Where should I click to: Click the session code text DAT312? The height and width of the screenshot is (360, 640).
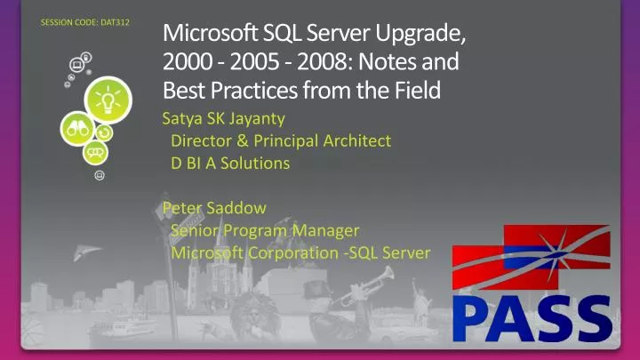pyautogui.click(x=85, y=21)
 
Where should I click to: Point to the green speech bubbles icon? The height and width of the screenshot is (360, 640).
pyautogui.click(x=95, y=154)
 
